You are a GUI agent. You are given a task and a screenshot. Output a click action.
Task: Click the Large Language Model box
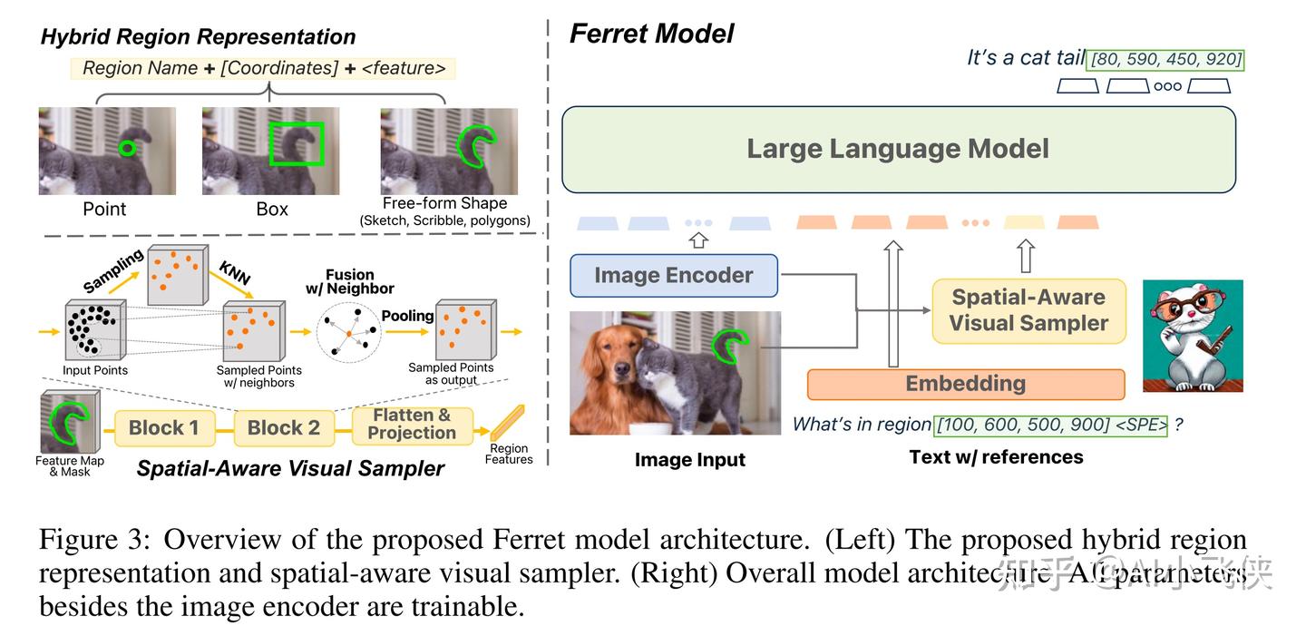tap(898, 150)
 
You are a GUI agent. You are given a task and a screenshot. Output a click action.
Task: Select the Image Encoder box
tap(673, 276)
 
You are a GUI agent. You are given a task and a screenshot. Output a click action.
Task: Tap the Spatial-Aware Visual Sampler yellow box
tap(1028, 310)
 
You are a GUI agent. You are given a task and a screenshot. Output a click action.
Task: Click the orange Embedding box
tap(965, 384)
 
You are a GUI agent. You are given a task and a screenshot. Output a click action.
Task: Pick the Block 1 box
tap(163, 428)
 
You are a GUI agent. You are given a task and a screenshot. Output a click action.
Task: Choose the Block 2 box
tap(283, 428)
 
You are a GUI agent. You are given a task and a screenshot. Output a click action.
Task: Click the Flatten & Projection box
tap(412, 425)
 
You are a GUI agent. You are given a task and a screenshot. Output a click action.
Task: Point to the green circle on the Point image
tap(129, 148)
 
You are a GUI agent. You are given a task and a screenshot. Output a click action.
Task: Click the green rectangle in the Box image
tap(297, 145)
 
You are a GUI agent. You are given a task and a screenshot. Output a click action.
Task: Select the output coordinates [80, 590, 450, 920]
tap(1165, 60)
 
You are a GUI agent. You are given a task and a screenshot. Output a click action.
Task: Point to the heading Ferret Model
tap(651, 34)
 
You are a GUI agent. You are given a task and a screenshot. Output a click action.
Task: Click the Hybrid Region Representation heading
tap(198, 37)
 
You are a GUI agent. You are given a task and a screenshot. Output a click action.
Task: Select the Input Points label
tap(95, 370)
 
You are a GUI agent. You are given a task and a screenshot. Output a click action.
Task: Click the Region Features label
tap(509, 454)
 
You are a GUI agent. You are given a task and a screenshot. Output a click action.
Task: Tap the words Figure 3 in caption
tap(93, 540)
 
